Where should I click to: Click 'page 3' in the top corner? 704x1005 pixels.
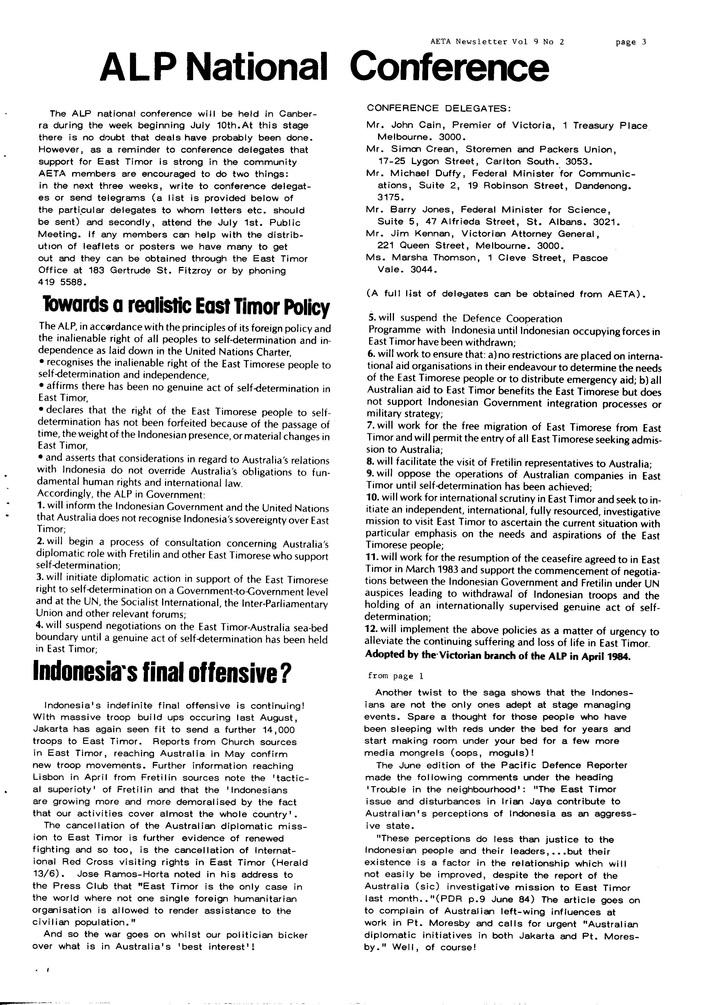point(631,43)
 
